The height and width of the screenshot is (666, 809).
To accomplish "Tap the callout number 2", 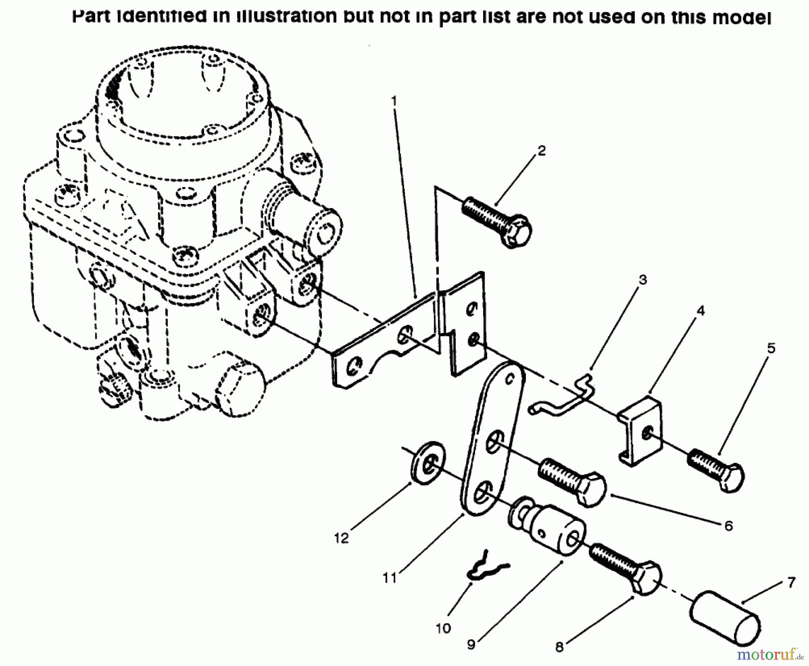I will click(542, 151).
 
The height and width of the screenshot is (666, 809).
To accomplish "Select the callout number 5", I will click(771, 348).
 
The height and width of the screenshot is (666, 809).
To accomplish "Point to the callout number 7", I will click(791, 582).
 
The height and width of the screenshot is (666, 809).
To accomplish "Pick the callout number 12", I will click(342, 538).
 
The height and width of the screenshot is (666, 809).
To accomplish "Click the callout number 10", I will click(443, 628).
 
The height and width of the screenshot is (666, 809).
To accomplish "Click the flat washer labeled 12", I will click(427, 463).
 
